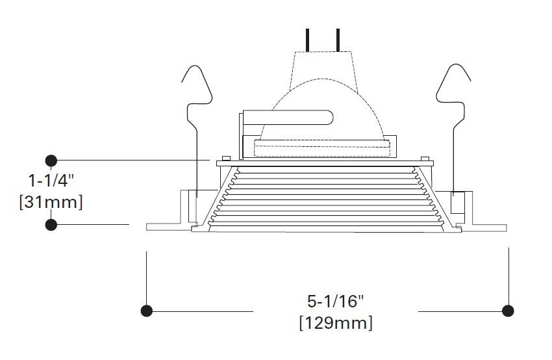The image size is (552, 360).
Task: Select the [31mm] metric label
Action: pos(51,202)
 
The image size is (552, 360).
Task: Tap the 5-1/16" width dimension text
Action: pos(336,301)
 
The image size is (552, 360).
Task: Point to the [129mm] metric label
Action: pos(336,322)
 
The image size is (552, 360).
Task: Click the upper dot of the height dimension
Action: pos(51,160)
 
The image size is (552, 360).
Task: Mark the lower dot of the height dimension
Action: pos(51,224)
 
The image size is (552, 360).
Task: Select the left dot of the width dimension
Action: pos(147,311)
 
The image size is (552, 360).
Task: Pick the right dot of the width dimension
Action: pos(508,311)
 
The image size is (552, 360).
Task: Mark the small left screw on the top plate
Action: pos(225,157)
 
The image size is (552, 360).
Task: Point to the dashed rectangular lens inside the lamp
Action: pos(323,150)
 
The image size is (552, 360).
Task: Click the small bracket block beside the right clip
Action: pos(457,202)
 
